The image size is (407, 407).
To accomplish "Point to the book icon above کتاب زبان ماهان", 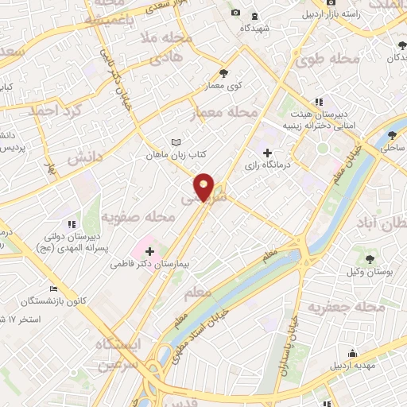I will coord(176,143).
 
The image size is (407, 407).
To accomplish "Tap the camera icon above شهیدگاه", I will coord(235,13).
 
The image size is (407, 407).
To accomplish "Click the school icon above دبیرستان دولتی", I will coord(71,224).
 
